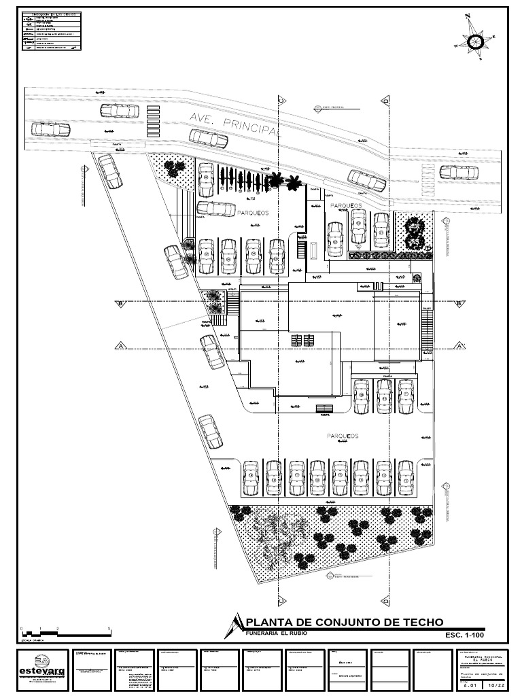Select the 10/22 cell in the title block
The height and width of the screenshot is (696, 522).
pyautogui.click(x=495, y=686)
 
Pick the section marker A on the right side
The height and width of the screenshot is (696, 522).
pyautogui.click(x=460, y=346)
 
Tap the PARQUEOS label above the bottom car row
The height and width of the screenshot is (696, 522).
pyautogui.click(x=342, y=436)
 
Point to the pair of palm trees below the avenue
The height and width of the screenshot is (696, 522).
pyautogui.click(x=285, y=181)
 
